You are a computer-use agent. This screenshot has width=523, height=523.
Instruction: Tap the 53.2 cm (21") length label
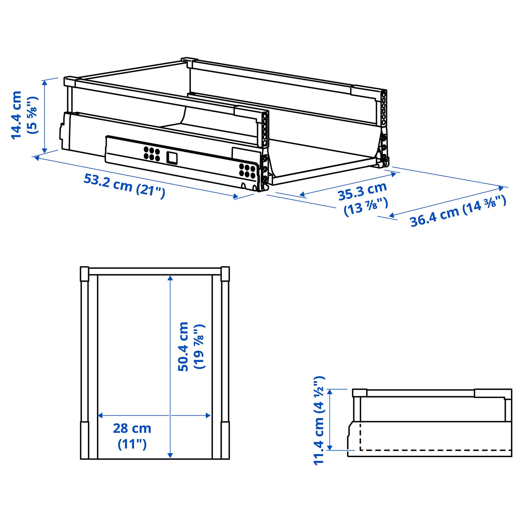(124, 186)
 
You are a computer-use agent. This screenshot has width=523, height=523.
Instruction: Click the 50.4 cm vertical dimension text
(183, 346)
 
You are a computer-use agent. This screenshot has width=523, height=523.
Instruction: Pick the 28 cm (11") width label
(132, 436)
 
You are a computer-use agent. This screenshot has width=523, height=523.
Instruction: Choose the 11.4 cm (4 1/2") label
(319, 420)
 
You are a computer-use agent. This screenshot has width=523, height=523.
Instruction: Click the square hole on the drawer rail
(172, 158)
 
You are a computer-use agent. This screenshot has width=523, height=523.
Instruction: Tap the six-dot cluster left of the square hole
(152, 154)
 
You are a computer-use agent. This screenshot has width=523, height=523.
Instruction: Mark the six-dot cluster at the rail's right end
(247, 171)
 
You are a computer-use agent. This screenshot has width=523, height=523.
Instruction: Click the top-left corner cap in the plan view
(84, 274)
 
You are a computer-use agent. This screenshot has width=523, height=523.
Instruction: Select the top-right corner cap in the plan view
(225, 274)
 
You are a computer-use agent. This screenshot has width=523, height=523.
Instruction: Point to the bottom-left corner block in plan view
(84, 440)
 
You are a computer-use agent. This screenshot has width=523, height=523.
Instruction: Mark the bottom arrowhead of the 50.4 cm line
(170, 455)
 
